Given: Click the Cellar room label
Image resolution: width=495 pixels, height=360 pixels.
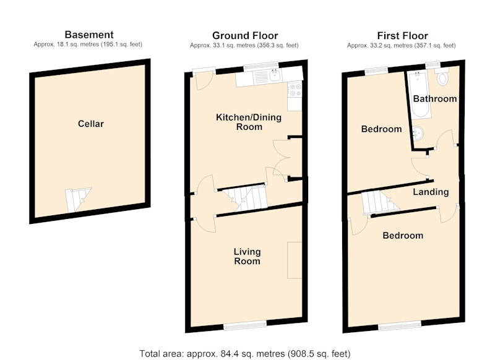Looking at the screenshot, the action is click(x=90, y=124).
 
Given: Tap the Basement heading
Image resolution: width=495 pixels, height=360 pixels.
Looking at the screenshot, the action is click(x=89, y=35).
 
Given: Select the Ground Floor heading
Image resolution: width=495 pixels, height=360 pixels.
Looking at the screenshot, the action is click(x=245, y=35).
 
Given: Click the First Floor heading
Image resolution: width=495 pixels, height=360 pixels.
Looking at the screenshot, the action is click(x=403, y=35).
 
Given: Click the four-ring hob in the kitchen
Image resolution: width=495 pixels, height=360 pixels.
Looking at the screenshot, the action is click(x=295, y=89).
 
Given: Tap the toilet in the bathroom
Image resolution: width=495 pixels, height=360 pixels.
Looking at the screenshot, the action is click(x=442, y=77).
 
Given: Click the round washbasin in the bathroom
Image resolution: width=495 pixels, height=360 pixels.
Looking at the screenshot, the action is click(x=419, y=134).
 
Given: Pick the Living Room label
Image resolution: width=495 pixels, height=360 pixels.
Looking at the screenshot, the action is click(x=247, y=256).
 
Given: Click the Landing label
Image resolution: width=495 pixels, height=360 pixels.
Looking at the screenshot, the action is click(x=431, y=192).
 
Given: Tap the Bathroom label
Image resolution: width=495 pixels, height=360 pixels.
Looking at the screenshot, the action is click(x=435, y=99).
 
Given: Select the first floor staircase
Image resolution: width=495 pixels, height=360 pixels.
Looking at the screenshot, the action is click(x=380, y=203).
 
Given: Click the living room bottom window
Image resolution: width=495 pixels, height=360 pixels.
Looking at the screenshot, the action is click(x=245, y=325).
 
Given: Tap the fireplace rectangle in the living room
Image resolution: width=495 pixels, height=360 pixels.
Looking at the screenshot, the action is click(x=295, y=260).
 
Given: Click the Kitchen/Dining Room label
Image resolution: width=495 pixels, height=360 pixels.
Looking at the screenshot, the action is click(x=249, y=122).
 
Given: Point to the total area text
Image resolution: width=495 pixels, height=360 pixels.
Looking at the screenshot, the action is click(x=245, y=353).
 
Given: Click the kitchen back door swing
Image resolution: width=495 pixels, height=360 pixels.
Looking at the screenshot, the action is click(x=204, y=82).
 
